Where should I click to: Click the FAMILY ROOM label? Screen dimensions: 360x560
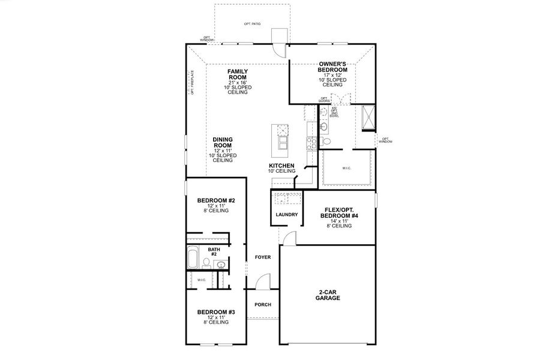(x=238, y=74)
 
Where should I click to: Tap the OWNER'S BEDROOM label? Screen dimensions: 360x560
(x=333, y=67)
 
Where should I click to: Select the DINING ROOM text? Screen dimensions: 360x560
(x=223, y=142)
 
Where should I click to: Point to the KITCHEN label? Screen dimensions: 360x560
(x=281, y=165)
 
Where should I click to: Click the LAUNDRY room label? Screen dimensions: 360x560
(x=287, y=214)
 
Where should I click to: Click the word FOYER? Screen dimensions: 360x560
(x=263, y=257)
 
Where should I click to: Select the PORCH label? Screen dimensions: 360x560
(x=263, y=305)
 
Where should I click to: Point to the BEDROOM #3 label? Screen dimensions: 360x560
(x=216, y=312)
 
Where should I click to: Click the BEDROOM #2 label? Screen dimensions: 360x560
(x=216, y=200)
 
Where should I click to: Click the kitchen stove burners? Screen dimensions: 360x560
(x=313, y=143)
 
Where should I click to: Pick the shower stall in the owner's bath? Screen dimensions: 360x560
(x=367, y=117)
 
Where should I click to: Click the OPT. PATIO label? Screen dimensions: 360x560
(x=252, y=23)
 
